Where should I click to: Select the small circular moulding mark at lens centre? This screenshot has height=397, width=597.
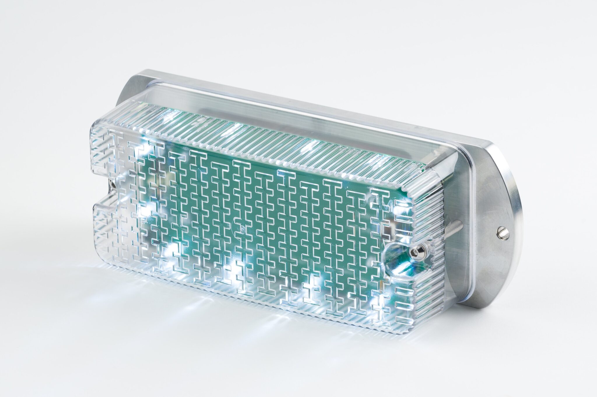242,229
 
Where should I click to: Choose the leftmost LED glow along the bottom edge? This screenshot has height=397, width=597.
172,251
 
